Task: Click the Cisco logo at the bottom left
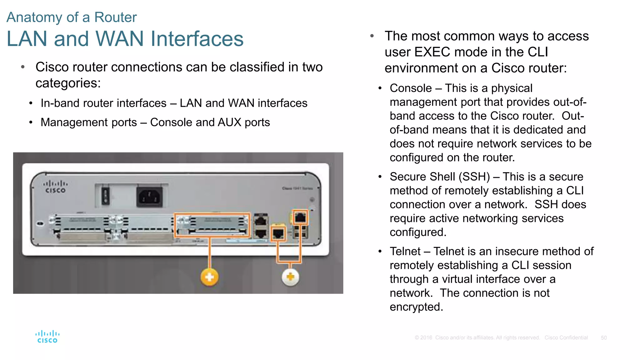pyautogui.click(x=47, y=337)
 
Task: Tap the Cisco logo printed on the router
pyautogui.click(x=55, y=187)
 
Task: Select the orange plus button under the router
pyautogui.click(x=209, y=277)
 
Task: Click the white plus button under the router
pyautogui.click(x=290, y=277)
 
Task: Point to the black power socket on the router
pyautogui.click(x=149, y=197)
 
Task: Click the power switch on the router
pyautogui.click(x=106, y=196)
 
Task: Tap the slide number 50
pyautogui.click(x=604, y=338)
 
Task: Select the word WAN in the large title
pyautogui.click(x=120, y=39)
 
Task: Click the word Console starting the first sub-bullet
pyautogui.click(x=411, y=88)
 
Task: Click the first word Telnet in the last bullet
pyautogui.click(x=405, y=252)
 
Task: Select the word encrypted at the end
pyautogui.click(x=416, y=307)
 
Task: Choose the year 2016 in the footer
pyautogui.click(x=426, y=338)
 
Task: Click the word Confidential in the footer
pyautogui.click(x=573, y=338)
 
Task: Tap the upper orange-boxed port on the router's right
pyautogui.click(x=300, y=217)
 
